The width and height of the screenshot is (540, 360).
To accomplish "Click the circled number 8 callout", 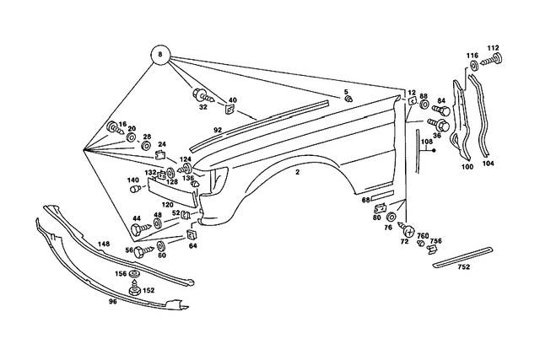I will [159, 56].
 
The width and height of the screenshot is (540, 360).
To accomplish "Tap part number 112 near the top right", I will [494, 47].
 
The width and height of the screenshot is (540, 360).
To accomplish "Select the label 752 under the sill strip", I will [464, 266].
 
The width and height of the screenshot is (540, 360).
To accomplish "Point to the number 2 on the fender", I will [298, 172].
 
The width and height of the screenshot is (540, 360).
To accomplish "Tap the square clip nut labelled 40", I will [229, 109].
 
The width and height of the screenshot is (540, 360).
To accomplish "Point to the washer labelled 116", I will [473, 65].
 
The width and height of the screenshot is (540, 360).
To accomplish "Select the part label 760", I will [423, 235].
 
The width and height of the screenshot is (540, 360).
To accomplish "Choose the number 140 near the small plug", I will [133, 180].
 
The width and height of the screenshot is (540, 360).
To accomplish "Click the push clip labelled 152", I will [133, 290].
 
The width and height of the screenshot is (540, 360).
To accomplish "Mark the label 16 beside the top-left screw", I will [122, 123].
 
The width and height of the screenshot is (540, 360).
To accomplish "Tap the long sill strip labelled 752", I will [464, 255].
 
